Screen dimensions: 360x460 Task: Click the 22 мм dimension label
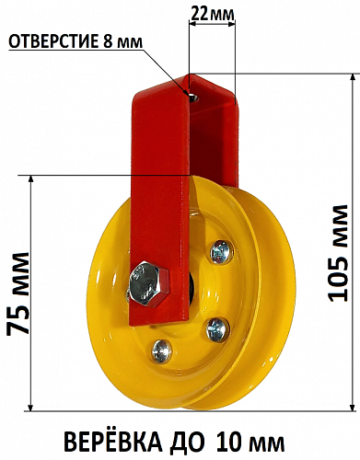pyautogui.click(x=212, y=14)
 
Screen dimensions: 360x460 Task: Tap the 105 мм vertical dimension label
pyautogui.click(x=338, y=253)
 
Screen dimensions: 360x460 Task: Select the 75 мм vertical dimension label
pyautogui.click(x=18, y=293)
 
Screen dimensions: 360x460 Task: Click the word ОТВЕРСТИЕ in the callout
pyautogui.click(x=52, y=41)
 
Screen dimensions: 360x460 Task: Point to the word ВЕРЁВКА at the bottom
pyautogui.click(x=111, y=442)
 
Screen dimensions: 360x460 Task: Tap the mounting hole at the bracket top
pyautogui.click(x=193, y=98)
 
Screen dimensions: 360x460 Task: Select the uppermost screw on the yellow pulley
pyautogui.click(x=221, y=252)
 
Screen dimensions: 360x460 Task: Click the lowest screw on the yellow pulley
pyautogui.click(x=161, y=351)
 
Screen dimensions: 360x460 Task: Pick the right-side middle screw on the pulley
pyautogui.click(x=217, y=329)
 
